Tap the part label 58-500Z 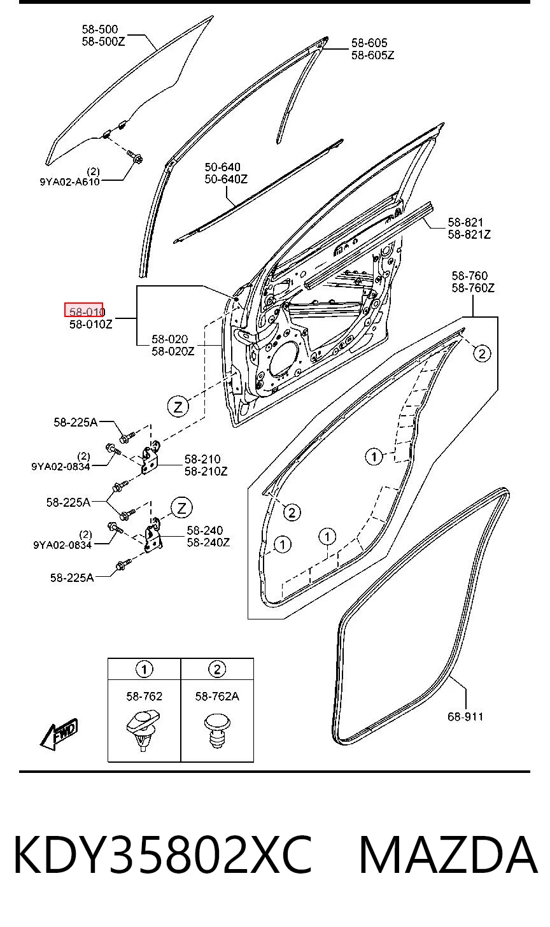103,41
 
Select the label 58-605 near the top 369,43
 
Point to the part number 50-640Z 226,179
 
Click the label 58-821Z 469,234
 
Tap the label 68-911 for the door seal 465,716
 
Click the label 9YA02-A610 69,181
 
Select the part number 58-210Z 206,471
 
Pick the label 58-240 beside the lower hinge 204,530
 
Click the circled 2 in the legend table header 217,669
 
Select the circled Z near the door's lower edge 178,406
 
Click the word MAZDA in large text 449,855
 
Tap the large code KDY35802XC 162,855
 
